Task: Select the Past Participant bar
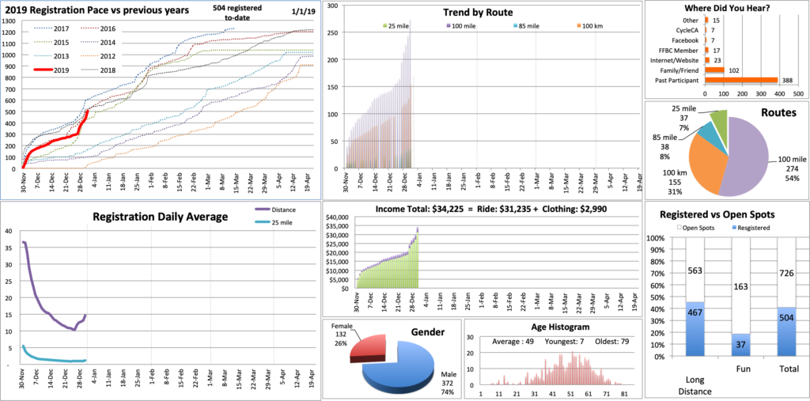pyautogui.click(x=721, y=80)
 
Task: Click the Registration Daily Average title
pyautogui.click(x=160, y=216)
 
